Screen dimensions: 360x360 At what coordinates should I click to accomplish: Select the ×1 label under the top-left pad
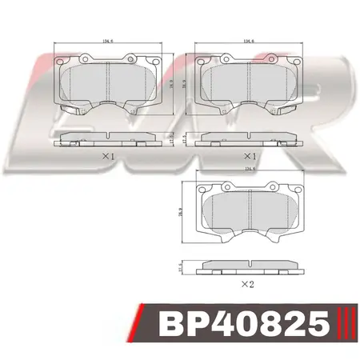coord(110,156)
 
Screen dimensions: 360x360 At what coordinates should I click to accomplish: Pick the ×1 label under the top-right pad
coord(250,156)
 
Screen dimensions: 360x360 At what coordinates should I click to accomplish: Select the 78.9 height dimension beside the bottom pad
coord(182,213)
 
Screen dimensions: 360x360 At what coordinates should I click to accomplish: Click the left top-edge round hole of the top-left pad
coord(85,58)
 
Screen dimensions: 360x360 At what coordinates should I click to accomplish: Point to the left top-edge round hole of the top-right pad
coord(225,58)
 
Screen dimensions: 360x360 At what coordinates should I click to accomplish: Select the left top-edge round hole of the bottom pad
coord(226,187)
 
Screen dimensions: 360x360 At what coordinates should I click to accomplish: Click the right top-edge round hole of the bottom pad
coord(272,187)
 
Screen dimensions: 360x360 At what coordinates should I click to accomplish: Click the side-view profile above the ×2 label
coord(249,266)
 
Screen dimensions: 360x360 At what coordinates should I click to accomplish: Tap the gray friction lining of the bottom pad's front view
coord(249,213)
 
